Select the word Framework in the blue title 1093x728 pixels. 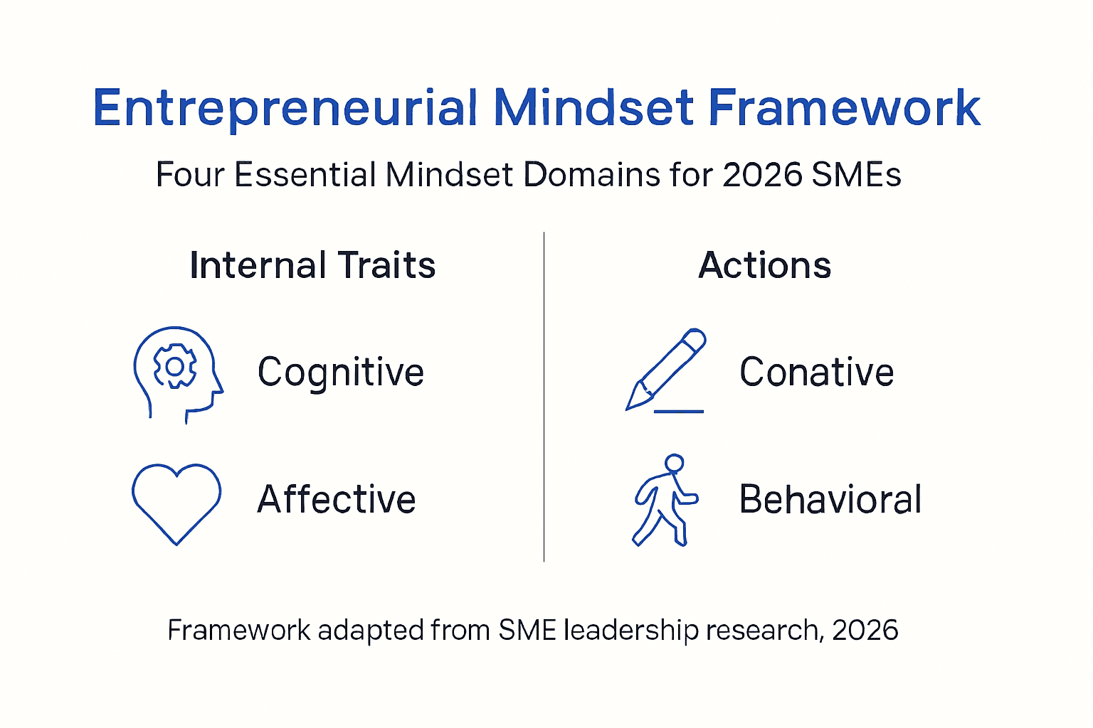[x=844, y=108]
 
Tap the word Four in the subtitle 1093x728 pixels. [x=190, y=175]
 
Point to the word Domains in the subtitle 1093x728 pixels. [x=591, y=175]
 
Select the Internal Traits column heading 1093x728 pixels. [x=312, y=265]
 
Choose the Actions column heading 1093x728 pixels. [x=764, y=265]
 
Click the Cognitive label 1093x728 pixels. [x=341, y=372]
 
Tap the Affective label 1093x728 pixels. [x=337, y=499]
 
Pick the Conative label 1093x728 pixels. [x=816, y=372]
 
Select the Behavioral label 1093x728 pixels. [x=830, y=499]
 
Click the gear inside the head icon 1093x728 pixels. [x=174, y=366]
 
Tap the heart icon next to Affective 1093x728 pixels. [x=176, y=501]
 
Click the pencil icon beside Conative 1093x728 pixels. [x=666, y=368]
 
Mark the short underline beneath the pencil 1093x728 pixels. [x=678, y=412]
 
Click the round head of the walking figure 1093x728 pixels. [x=674, y=464]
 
